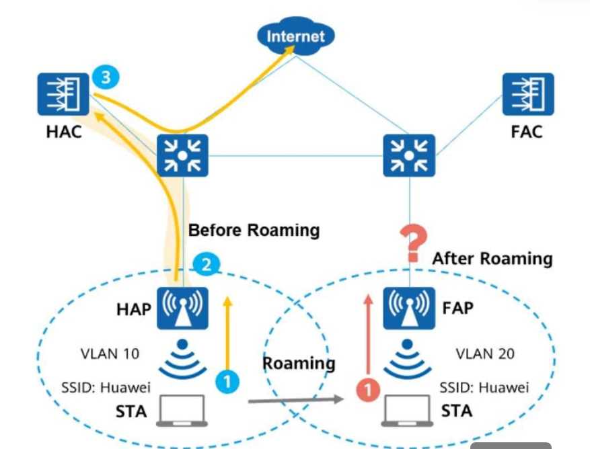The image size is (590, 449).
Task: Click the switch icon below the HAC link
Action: [x=182, y=155]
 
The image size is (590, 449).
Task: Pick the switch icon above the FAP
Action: [x=409, y=155]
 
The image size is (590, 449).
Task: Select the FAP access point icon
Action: [x=409, y=309]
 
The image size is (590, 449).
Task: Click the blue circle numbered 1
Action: [x=227, y=382]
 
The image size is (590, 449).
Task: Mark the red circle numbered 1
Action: [x=367, y=389]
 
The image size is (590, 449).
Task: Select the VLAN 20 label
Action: [x=484, y=353]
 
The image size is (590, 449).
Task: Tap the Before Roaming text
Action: [x=254, y=230]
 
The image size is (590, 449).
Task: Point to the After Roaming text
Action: [x=492, y=258]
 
